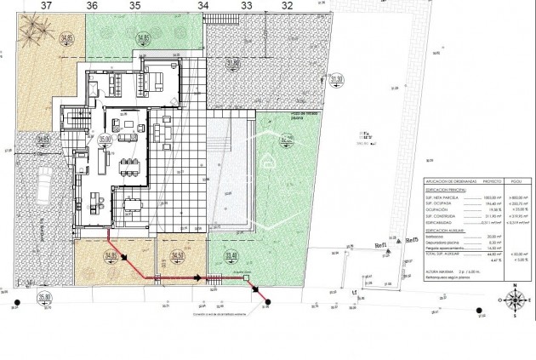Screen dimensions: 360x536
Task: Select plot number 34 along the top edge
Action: [x=202, y=6]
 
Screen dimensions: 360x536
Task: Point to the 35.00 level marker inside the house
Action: [x=105, y=137]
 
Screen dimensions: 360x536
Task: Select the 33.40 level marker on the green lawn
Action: [x=231, y=255]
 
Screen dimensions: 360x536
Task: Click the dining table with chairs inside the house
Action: [x=128, y=163]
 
